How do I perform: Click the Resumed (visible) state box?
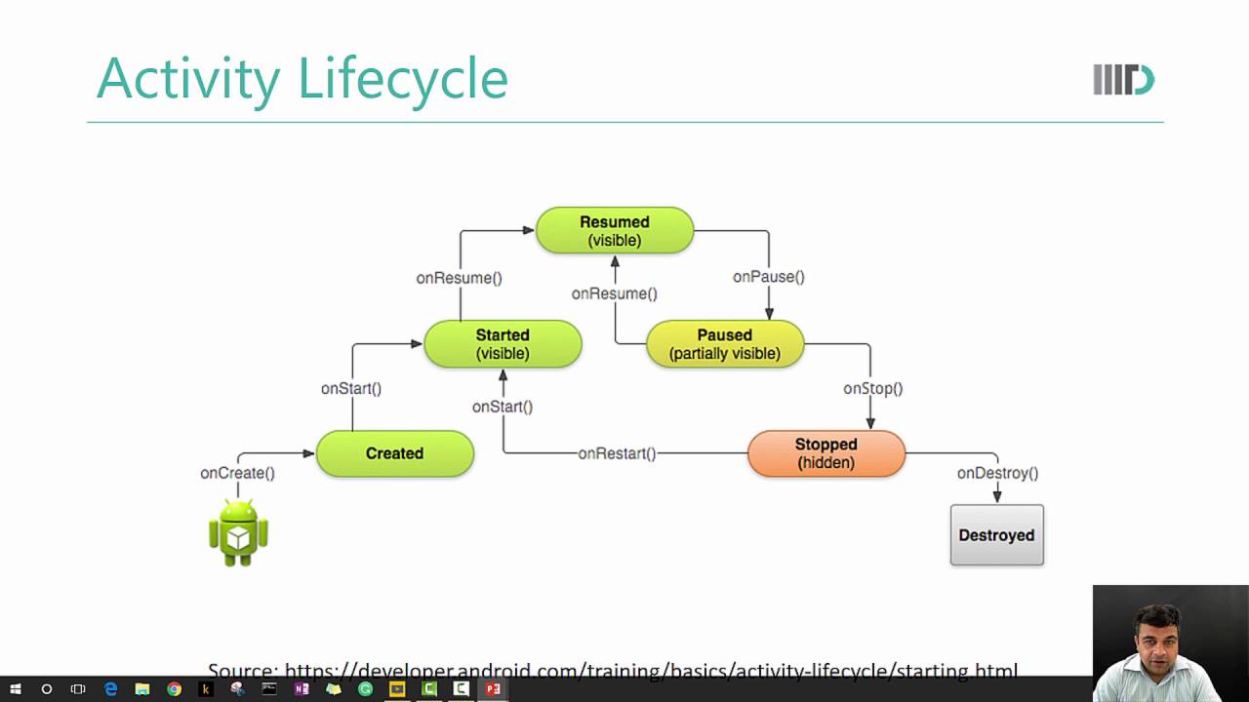(615, 231)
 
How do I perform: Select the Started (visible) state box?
(503, 344)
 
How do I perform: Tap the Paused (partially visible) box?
(725, 344)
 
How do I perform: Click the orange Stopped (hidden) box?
(826, 453)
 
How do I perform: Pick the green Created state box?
(395, 453)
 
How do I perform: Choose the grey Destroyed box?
(996, 535)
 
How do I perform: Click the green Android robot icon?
(238, 532)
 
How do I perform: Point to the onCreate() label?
(237, 473)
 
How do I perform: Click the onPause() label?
(769, 277)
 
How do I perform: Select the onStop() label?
(872, 388)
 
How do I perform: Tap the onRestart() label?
(617, 453)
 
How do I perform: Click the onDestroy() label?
(997, 473)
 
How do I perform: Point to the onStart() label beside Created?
(351, 388)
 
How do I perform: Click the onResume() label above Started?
(459, 278)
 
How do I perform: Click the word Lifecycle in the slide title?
(403, 79)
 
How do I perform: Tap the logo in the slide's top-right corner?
(1123, 80)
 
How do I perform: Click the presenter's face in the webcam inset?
(1158, 634)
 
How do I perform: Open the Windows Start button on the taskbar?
(16, 689)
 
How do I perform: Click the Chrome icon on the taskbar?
(174, 689)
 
